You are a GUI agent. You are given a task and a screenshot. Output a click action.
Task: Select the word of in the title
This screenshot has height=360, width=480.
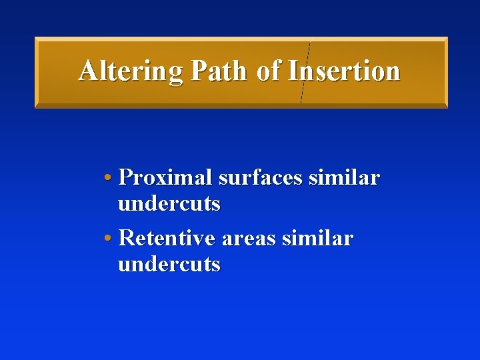(x=269, y=71)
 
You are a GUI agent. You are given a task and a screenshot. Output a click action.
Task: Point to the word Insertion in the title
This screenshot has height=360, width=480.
(x=344, y=71)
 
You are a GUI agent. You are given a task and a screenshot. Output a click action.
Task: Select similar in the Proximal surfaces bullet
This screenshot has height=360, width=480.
(x=343, y=178)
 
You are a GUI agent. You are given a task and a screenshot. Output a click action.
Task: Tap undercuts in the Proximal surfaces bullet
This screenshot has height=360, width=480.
(x=169, y=204)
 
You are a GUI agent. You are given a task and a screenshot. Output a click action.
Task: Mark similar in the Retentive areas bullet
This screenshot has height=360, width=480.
(x=317, y=238)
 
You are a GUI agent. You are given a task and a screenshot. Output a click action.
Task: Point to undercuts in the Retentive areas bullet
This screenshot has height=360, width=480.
(x=169, y=264)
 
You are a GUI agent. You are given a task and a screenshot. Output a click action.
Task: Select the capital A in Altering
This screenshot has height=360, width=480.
(x=87, y=71)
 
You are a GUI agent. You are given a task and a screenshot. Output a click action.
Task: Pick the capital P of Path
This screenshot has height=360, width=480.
(x=198, y=71)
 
